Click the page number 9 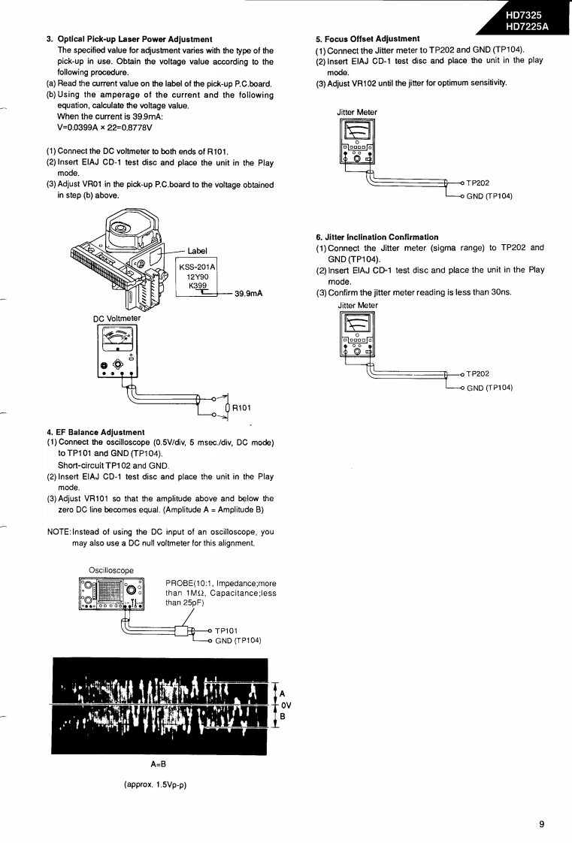[x=541, y=823]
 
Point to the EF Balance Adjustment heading [x=95, y=432]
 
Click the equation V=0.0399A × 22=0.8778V [x=104, y=127]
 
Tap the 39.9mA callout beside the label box [x=248, y=294]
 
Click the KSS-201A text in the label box [x=197, y=267]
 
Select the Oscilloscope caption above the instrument [x=110, y=570]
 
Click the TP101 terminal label [x=226, y=630]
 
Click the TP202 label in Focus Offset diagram [x=477, y=183]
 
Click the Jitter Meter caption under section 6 [x=358, y=305]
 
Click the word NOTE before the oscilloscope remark [x=59, y=532]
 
